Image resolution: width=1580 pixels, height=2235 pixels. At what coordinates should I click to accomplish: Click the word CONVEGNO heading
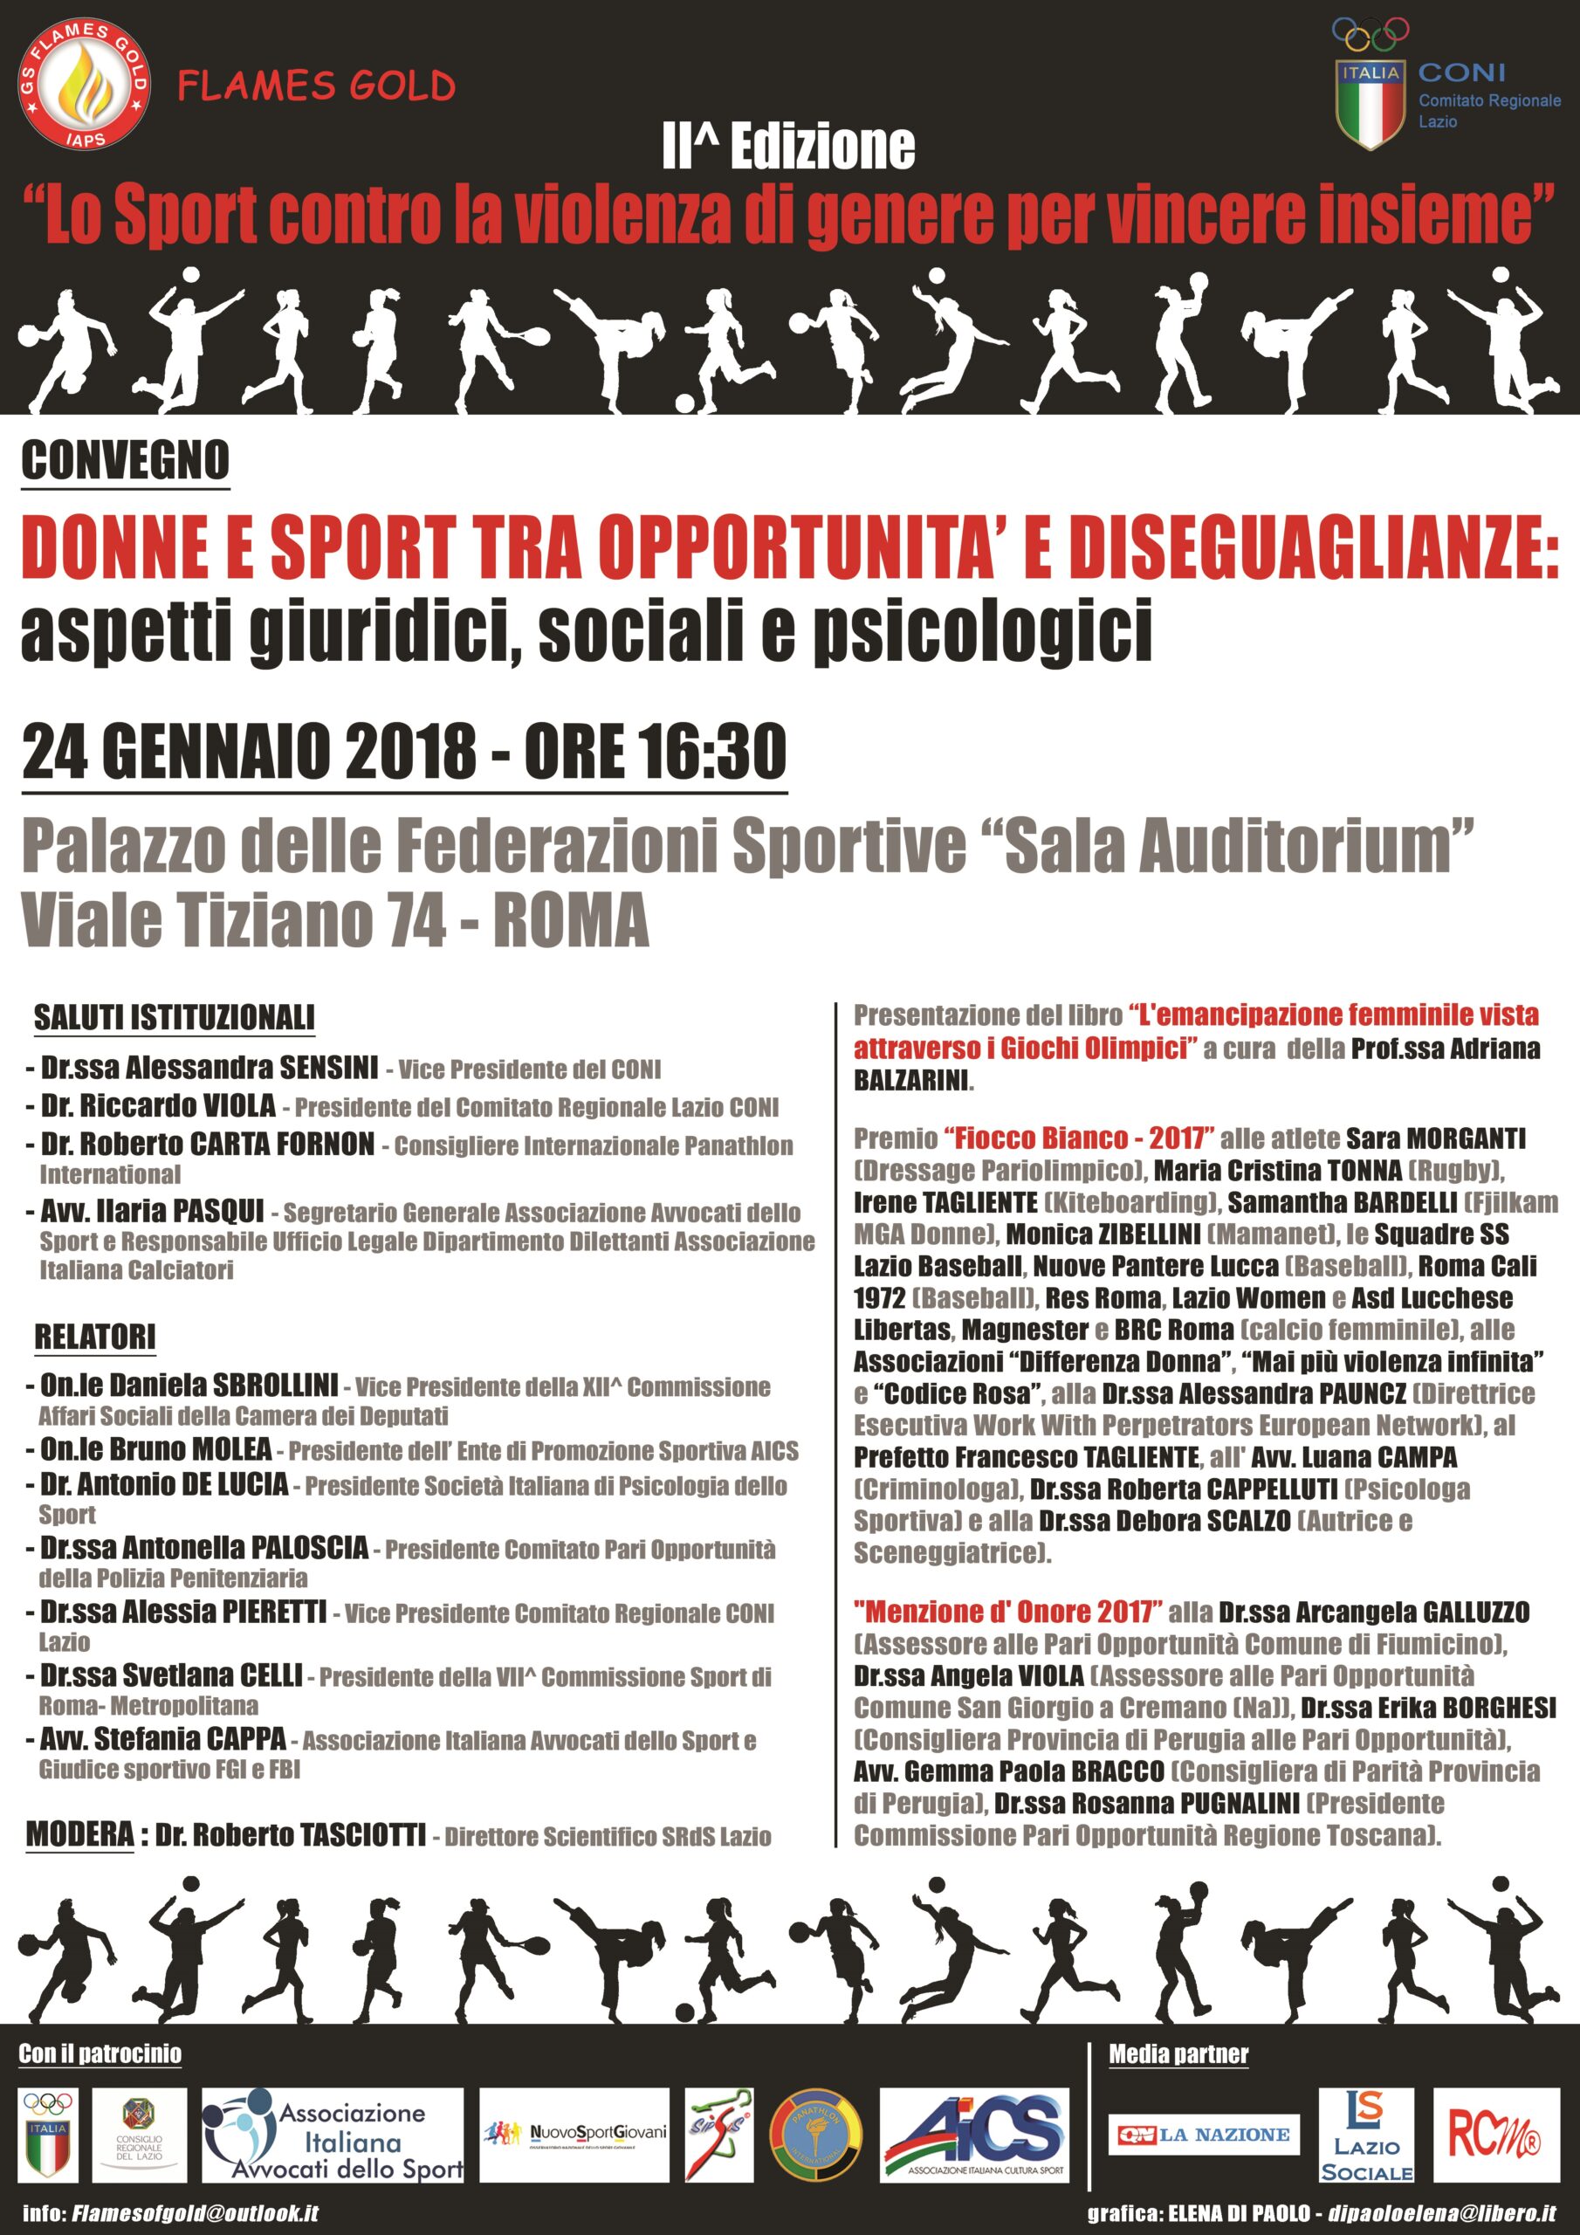(126, 460)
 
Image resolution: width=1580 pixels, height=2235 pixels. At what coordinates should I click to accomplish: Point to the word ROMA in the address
(571, 920)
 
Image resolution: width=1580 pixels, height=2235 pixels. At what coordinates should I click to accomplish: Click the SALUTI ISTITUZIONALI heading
(175, 1018)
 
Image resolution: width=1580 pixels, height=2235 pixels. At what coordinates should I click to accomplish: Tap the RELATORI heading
(95, 1337)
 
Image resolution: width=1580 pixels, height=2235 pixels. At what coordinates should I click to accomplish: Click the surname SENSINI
(329, 1068)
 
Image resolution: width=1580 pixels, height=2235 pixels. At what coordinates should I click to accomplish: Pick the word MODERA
(79, 1835)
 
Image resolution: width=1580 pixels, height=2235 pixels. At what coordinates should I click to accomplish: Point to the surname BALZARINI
(912, 1081)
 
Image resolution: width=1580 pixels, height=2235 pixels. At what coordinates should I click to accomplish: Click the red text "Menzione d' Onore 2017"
(1007, 1612)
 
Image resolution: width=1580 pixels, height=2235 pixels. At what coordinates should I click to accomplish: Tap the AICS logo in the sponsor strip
(973, 2135)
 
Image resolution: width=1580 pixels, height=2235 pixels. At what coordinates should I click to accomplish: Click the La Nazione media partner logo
(1205, 2135)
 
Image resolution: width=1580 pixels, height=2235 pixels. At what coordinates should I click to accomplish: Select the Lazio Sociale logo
(1367, 2135)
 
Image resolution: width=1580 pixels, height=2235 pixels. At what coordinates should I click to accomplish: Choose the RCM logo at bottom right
(1494, 2135)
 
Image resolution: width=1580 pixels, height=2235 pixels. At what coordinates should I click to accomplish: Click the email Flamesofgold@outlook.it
(195, 2212)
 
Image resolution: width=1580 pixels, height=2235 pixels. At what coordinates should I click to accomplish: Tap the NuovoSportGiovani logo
(574, 2135)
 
